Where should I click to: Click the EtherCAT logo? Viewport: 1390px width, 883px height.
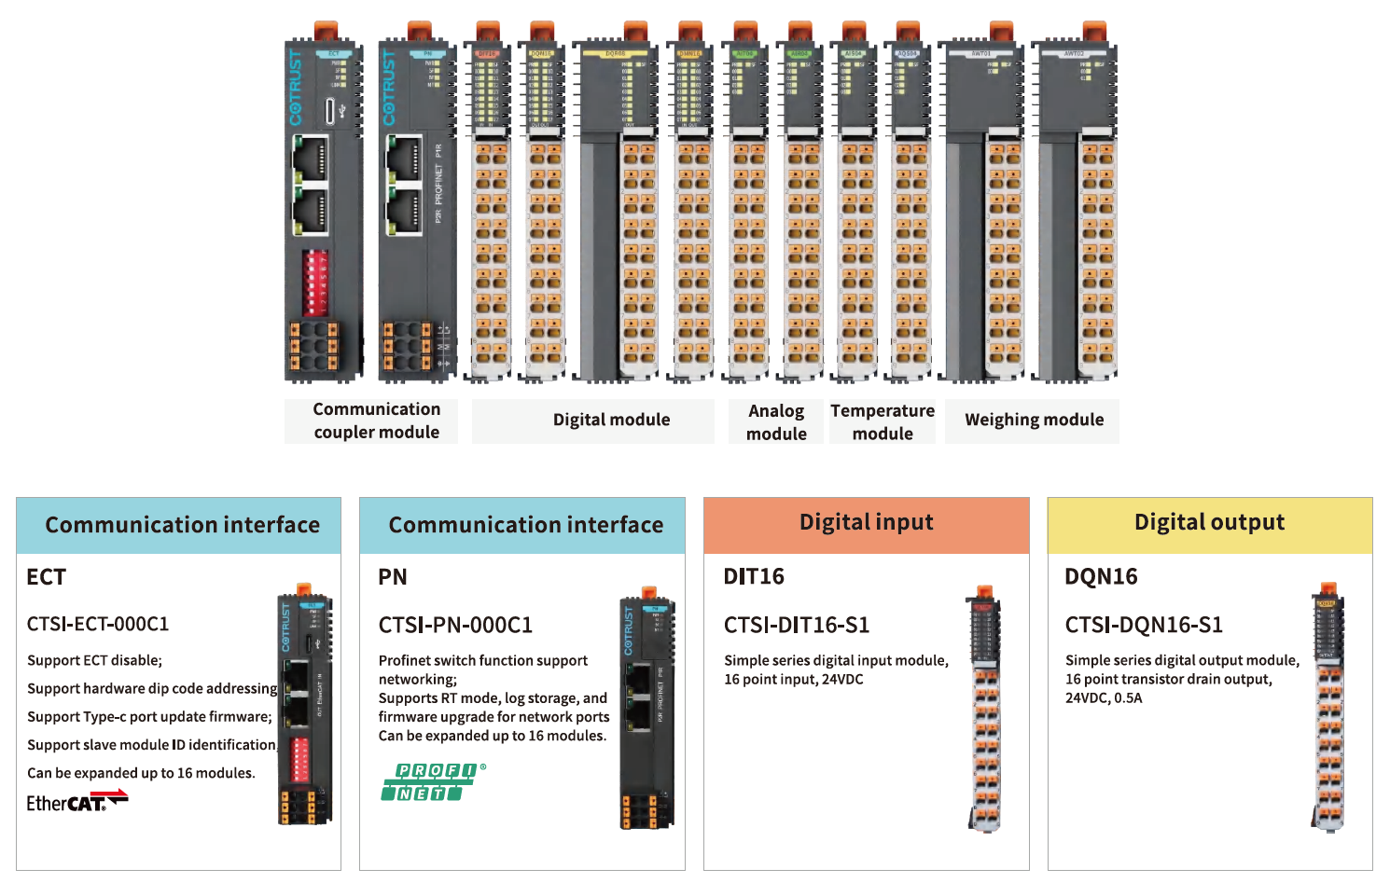[x=76, y=801]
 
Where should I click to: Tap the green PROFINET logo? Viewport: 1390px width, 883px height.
[x=432, y=782]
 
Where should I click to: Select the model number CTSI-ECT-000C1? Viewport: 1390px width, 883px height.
[x=98, y=624]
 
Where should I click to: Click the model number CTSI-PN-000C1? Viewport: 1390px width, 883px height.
[x=455, y=625]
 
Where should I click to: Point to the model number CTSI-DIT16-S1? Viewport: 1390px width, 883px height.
[x=797, y=625]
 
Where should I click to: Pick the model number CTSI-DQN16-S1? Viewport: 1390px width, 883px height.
[x=1144, y=625]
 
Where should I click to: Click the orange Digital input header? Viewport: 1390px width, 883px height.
[x=866, y=524]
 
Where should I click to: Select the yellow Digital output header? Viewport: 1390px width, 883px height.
[x=1209, y=524]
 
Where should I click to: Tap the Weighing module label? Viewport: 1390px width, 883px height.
[x=1034, y=421]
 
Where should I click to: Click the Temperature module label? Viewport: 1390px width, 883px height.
[x=883, y=421]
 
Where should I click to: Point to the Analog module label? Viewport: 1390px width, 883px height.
[x=776, y=421]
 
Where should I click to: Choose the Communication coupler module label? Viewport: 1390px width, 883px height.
[x=376, y=421]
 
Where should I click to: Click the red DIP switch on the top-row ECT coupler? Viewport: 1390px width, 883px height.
[x=315, y=282]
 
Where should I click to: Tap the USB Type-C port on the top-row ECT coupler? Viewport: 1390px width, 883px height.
[x=330, y=111]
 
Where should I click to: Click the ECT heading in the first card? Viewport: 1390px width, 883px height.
[x=47, y=577]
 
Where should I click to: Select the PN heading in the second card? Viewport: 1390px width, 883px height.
[x=393, y=577]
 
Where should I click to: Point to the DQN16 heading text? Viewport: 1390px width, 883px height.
[x=1101, y=577]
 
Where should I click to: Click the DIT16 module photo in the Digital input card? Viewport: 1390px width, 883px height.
[x=984, y=709]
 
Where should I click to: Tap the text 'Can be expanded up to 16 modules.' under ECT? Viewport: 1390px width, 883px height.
[x=141, y=773]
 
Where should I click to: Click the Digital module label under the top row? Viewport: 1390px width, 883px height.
[x=611, y=421]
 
